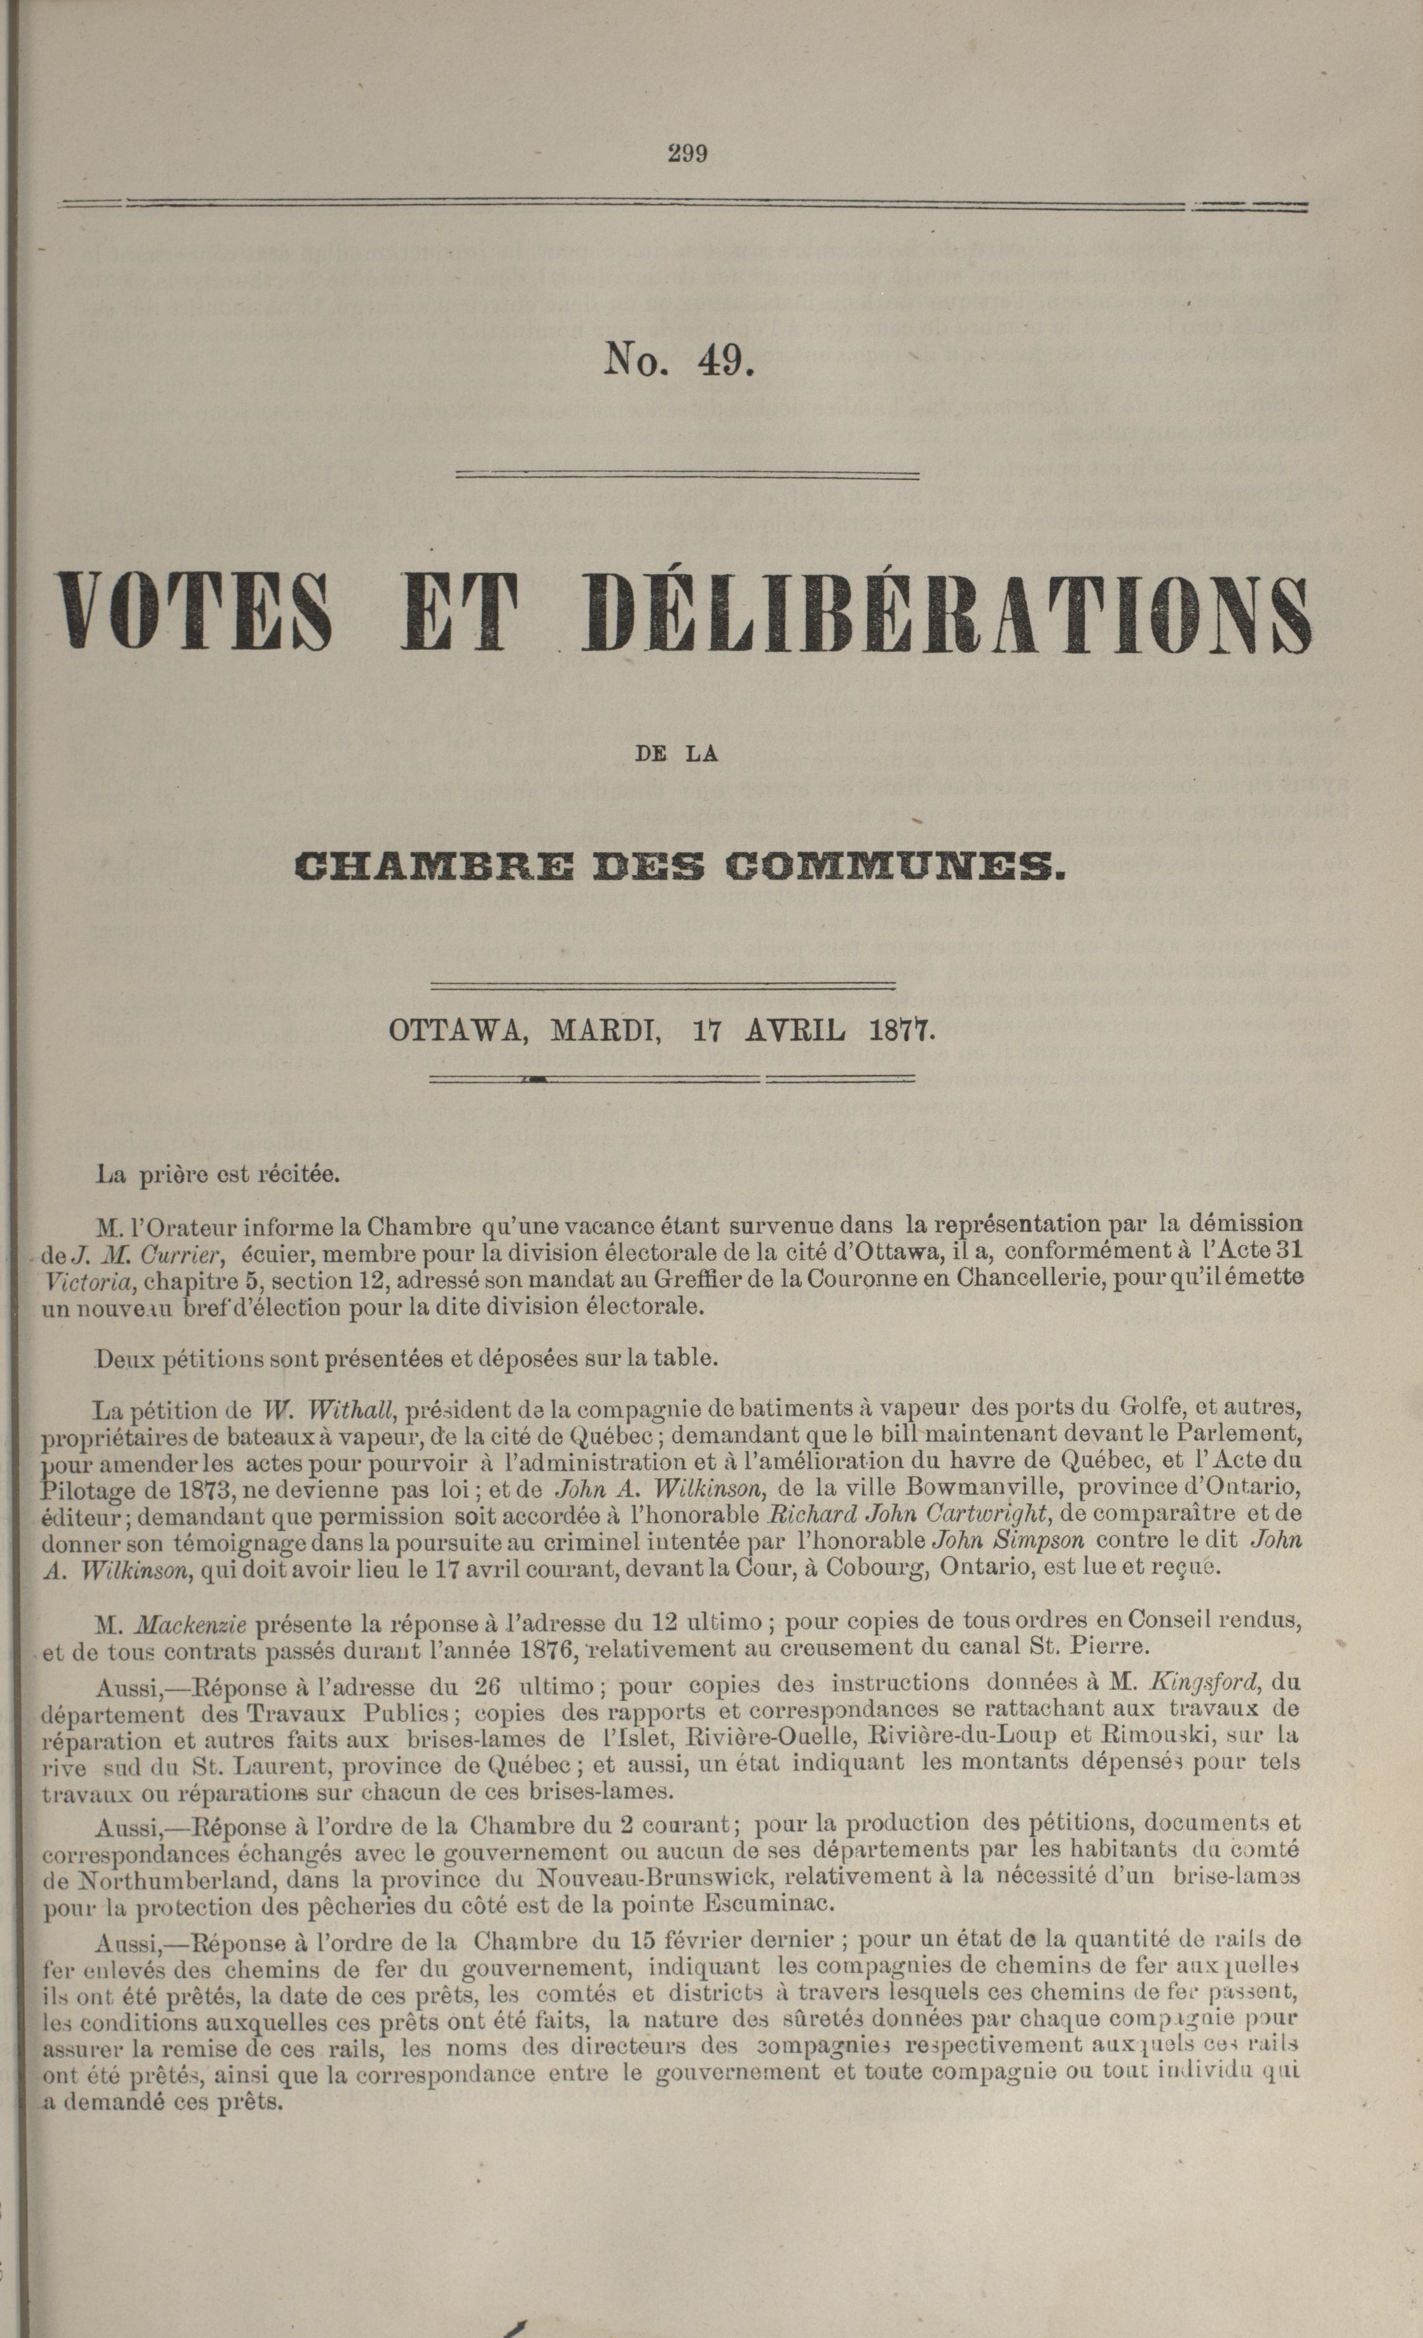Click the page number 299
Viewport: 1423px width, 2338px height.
(688, 153)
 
